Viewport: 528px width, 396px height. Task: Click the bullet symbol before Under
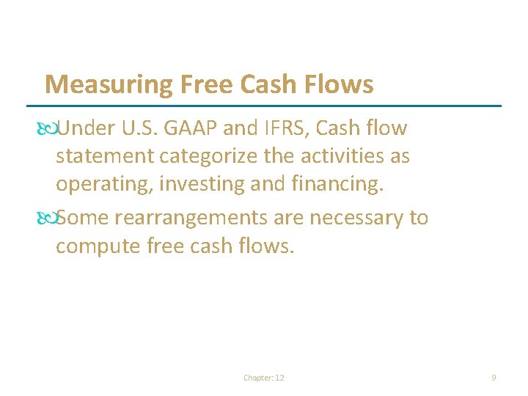click(50, 129)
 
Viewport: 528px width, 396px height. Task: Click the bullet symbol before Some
click(50, 219)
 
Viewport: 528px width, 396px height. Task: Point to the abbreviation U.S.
click(136, 129)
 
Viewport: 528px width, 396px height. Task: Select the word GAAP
click(191, 129)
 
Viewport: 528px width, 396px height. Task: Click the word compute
click(98, 246)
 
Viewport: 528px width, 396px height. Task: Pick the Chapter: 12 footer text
click(264, 378)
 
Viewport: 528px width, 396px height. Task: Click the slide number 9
click(494, 378)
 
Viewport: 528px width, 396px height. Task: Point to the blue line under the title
click(271, 106)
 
